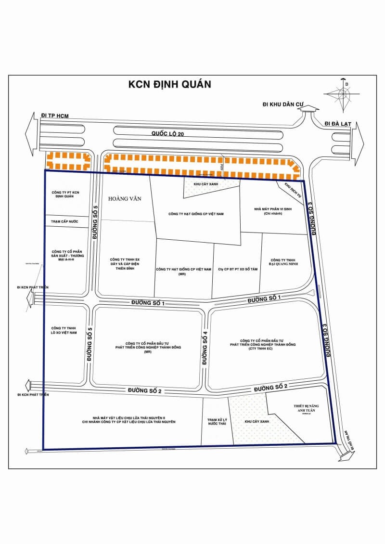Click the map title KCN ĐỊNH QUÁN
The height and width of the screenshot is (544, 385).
click(169, 84)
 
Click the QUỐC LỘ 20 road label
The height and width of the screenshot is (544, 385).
click(168, 134)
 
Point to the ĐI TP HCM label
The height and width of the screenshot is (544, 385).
click(55, 117)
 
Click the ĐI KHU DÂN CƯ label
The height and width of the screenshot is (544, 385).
click(282, 104)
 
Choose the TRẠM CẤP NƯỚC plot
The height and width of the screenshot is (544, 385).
click(67, 222)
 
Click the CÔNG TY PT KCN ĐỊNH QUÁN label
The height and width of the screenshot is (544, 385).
click(67, 194)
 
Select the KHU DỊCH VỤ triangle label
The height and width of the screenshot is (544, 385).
click(291, 191)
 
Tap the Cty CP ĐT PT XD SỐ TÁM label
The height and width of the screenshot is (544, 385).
click(238, 269)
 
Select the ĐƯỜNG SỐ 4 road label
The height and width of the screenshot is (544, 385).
click(205, 348)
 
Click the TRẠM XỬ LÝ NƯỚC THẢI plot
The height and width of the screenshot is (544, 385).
click(217, 422)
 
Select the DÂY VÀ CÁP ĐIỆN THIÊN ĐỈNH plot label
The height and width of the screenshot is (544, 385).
click(125, 263)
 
